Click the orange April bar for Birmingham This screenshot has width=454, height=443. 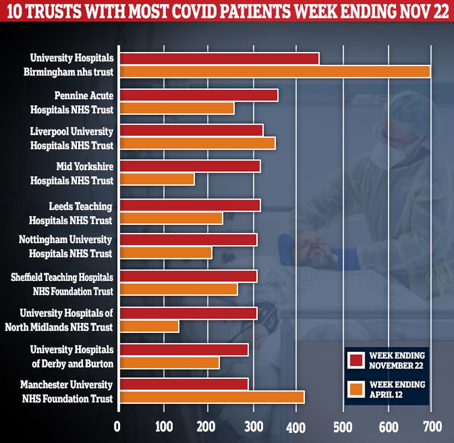(x=275, y=72)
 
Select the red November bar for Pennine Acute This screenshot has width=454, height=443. (x=199, y=95)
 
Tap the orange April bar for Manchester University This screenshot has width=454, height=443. (x=212, y=397)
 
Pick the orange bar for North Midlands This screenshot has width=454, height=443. (x=149, y=326)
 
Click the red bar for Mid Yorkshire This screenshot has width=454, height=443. (x=190, y=166)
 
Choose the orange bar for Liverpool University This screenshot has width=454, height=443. (x=197, y=144)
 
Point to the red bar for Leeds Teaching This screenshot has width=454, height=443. (x=190, y=206)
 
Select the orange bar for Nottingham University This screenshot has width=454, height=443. (x=166, y=253)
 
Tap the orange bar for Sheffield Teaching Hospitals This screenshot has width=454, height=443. (x=178, y=289)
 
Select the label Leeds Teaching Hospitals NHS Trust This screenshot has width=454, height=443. (x=71, y=213)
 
